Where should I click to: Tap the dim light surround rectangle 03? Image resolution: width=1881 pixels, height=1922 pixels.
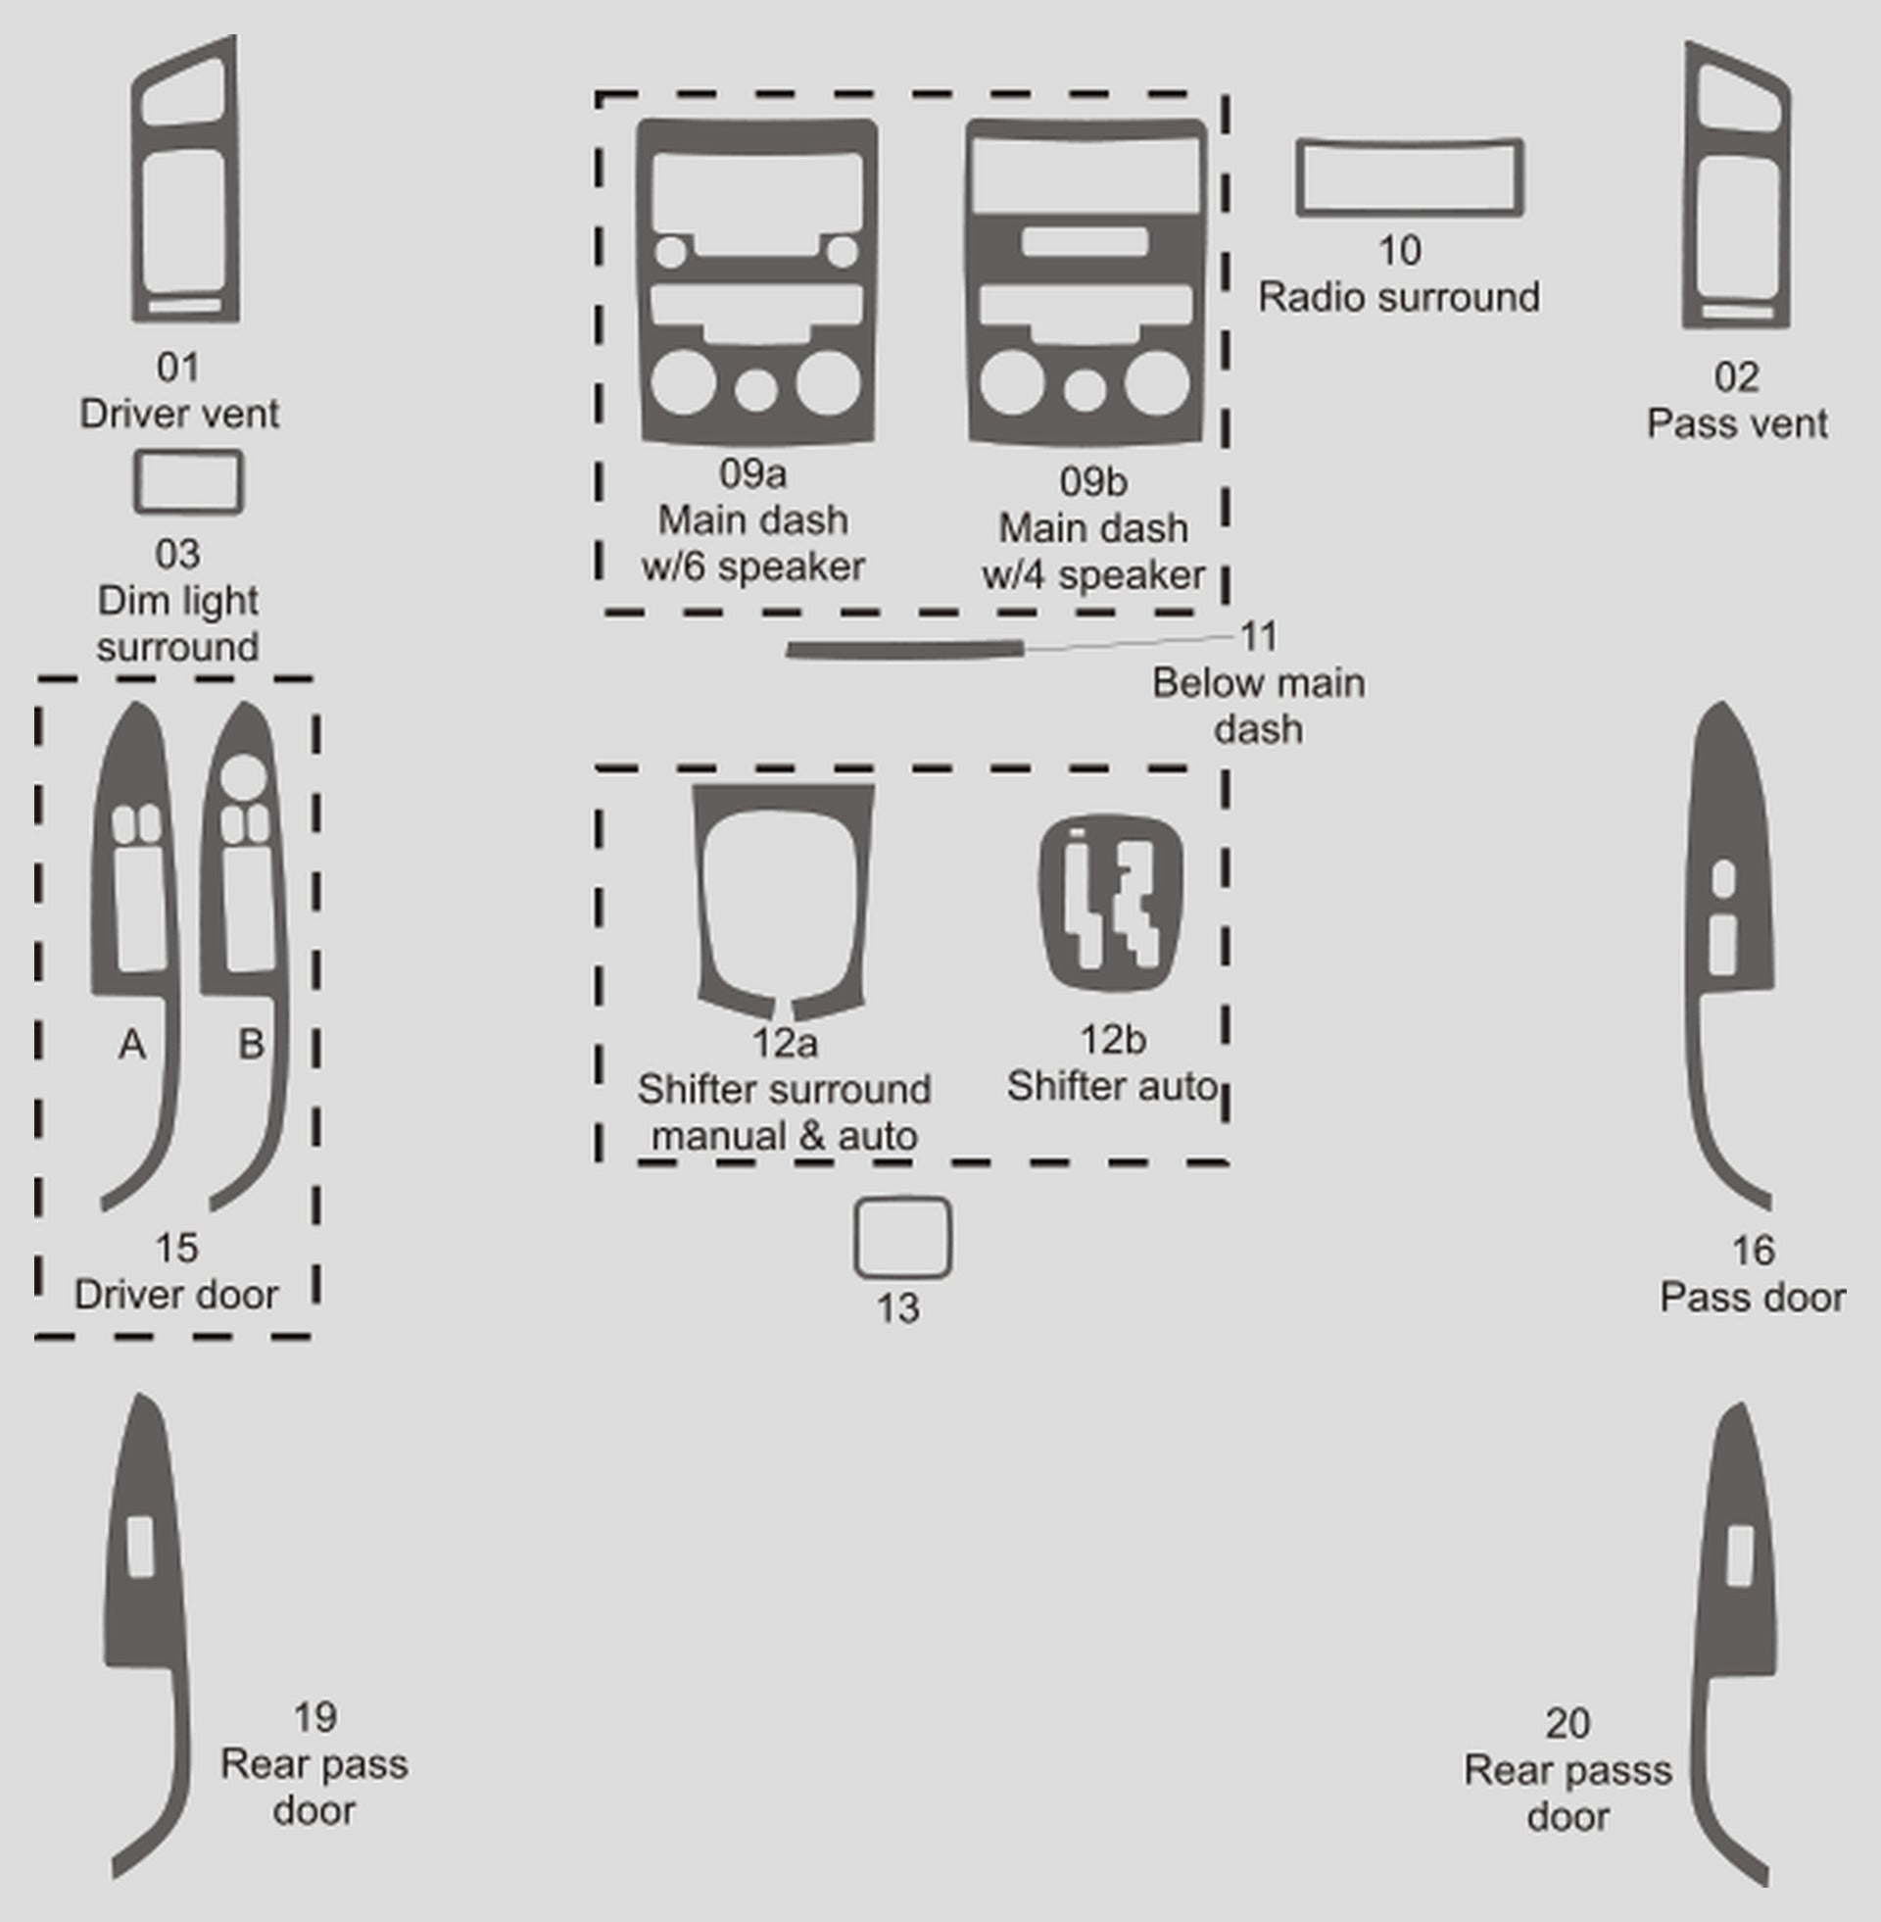[137, 483]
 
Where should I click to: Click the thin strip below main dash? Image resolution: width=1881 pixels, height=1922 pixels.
[904, 649]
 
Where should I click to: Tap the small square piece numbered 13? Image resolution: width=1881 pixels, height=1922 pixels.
[855, 1238]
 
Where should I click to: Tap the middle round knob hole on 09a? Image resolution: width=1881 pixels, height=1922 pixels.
[755, 389]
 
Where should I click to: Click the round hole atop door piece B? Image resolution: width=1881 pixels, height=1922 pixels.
[243, 777]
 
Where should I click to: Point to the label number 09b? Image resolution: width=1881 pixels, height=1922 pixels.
[1092, 481]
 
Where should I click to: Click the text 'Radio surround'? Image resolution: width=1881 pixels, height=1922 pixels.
[1399, 297]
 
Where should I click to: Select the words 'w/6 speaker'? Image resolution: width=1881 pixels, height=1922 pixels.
[752, 567]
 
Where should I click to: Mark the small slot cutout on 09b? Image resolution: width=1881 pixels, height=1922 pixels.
[1085, 241]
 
